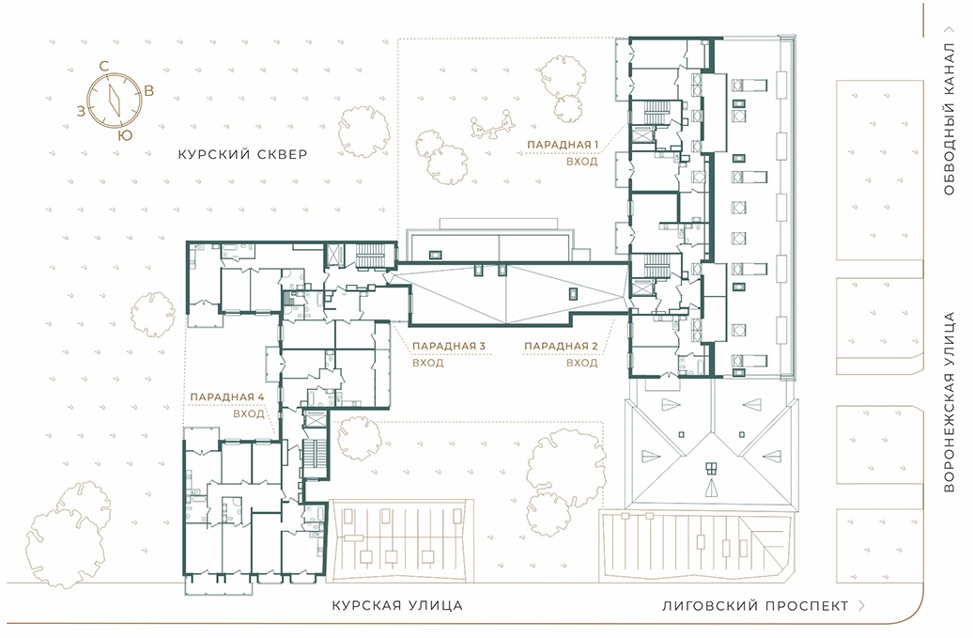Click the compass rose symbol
[x=115, y=100]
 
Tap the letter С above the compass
[x=104, y=66]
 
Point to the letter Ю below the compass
[x=125, y=135]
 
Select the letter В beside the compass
[x=149, y=90]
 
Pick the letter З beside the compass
[x=81, y=111]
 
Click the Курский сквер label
[x=242, y=154]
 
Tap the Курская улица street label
[x=397, y=605]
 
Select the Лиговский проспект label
[x=755, y=606]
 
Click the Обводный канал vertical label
[x=949, y=119]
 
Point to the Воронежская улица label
[x=949, y=402]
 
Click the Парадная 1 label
[x=563, y=145]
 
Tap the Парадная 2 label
[x=561, y=347]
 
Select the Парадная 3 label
[x=449, y=347]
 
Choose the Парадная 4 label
[x=227, y=397]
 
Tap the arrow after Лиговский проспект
[x=861, y=606]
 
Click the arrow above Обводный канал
[x=949, y=29]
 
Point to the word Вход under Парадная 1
[x=582, y=162]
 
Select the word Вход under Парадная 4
[x=249, y=414]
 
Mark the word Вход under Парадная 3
[x=428, y=363]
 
